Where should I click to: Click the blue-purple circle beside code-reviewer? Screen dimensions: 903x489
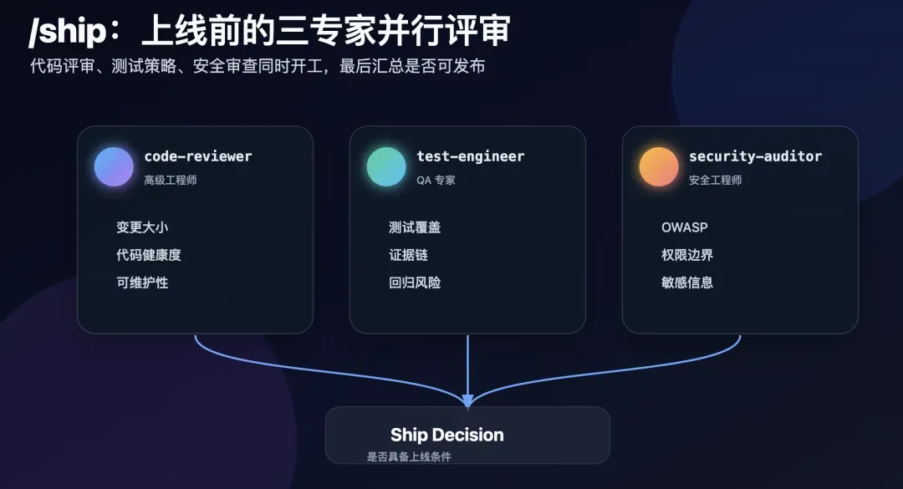tap(114, 166)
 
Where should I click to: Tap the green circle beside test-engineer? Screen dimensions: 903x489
tap(386, 166)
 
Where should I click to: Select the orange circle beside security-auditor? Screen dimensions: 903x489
tap(659, 166)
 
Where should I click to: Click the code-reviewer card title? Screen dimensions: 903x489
tap(198, 156)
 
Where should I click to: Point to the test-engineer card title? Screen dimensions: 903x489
tap(471, 156)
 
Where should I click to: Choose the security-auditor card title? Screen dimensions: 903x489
tap(756, 156)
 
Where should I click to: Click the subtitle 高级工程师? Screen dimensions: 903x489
tap(171, 181)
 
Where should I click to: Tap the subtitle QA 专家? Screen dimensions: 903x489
tap(436, 181)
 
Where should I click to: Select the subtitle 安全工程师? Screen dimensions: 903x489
tap(715, 181)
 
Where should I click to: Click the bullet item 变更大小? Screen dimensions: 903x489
tap(142, 227)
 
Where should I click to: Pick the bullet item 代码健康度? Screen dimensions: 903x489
tap(149, 255)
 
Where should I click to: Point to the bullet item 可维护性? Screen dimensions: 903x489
tap(142, 283)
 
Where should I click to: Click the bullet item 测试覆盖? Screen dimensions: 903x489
tap(415, 227)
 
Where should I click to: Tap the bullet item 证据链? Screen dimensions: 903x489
tap(408, 255)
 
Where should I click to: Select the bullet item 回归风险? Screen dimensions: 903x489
tap(415, 283)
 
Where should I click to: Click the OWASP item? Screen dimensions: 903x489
tap(685, 227)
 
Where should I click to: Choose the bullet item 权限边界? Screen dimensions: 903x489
tap(687, 255)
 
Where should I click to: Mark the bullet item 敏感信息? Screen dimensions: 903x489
tap(687, 283)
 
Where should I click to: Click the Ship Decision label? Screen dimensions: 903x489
tap(446, 435)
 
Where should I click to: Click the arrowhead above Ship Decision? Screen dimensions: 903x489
tap(467, 401)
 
